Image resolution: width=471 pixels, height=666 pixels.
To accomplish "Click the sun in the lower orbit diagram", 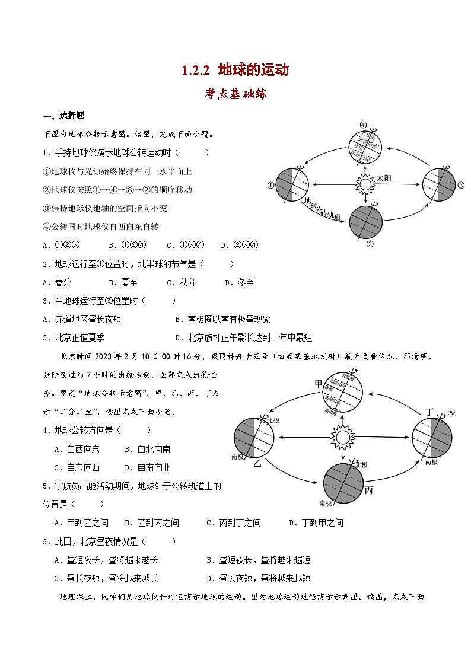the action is [x=342, y=438].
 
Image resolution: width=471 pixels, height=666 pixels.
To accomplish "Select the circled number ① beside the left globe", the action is [x=270, y=185].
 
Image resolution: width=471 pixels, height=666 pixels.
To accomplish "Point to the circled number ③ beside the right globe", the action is [x=461, y=185].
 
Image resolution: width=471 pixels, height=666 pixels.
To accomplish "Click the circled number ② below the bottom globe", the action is [x=370, y=243].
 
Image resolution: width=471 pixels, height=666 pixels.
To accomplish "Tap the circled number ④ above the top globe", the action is [x=363, y=125].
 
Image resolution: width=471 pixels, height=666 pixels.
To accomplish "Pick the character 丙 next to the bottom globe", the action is [x=369, y=490].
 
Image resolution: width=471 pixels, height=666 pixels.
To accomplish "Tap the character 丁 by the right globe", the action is [x=431, y=412].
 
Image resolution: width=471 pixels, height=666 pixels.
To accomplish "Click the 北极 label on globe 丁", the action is [x=449, y=412].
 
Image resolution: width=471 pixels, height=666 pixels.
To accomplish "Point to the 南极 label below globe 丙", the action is [x=325, y=503].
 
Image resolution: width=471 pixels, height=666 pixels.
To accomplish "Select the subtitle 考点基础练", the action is [x=235, y=94].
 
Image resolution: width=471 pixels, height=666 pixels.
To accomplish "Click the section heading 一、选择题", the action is [x=63, y=116].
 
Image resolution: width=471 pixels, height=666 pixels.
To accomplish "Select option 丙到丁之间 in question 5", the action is [x=234, y=522].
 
